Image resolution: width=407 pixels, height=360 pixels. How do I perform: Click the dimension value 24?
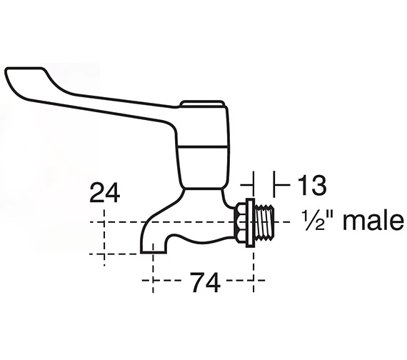pos(104,192)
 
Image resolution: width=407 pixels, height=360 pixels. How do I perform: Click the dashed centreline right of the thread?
pos(286,222)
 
